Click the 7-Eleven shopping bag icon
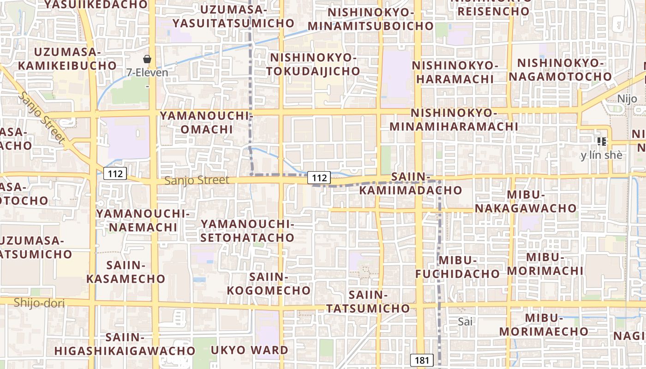(147, 59)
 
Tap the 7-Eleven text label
(148, 72)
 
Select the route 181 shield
(422, 360)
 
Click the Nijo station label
(627, 98)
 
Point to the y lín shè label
(601, 155)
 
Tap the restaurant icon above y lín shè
(601, 142)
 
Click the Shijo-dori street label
(39, 303)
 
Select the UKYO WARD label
(249, 350)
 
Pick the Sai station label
(466, 321)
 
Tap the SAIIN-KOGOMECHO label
(269, 284)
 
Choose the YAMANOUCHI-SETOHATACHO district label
(248, 231)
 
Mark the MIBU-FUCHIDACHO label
(457, 267)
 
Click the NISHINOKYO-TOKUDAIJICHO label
(314, 65)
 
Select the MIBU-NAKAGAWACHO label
(526, 202)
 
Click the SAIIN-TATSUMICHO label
(367, 302)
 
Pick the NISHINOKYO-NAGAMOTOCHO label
(560, 70)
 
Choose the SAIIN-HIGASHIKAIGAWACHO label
(125, 344)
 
